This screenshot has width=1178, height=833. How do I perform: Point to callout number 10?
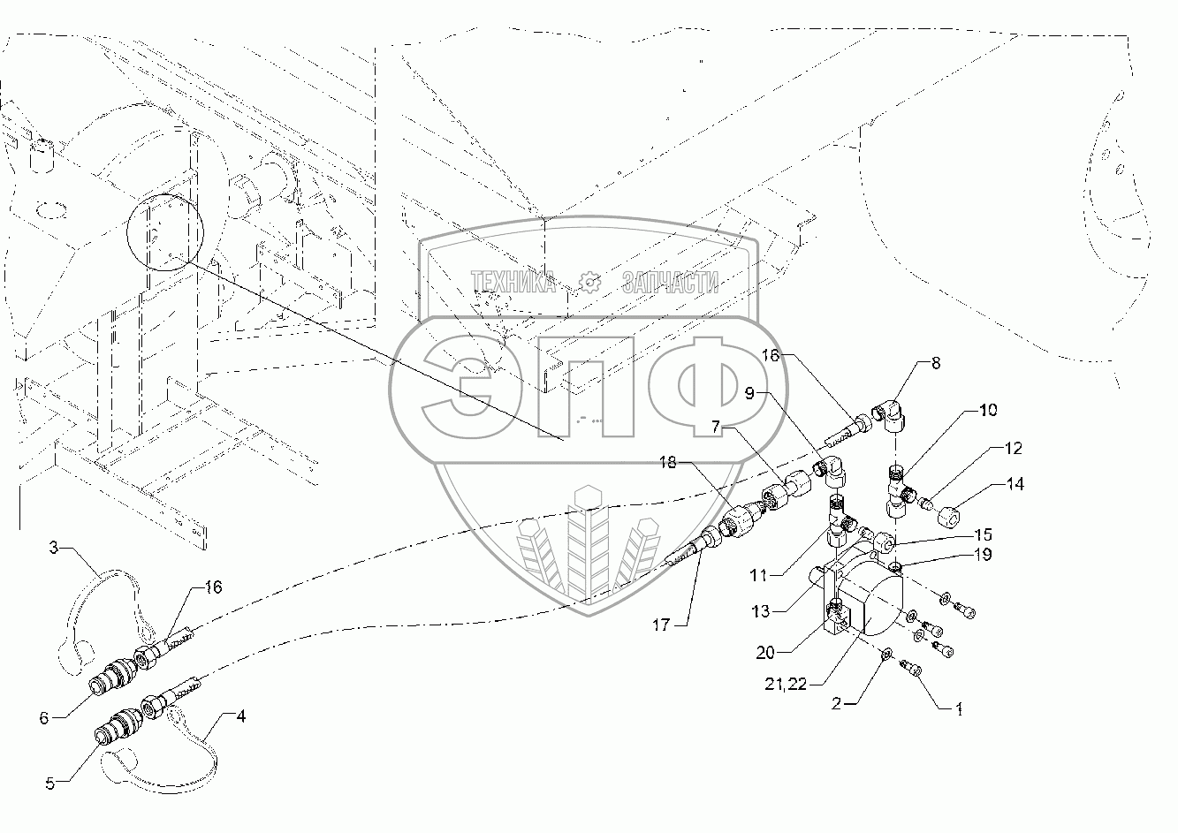pyautogui.click(x=987, y=411)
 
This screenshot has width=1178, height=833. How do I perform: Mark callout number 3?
pyautogui.click(x=53, y=548)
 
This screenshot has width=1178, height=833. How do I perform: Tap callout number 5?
pyautogui.click(x=49, y=782)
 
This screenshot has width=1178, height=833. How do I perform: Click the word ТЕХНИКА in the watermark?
pyautogui.click(x=513, y=283)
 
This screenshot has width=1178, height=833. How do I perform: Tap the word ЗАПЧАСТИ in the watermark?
pyautogui.click(x=671, y=283)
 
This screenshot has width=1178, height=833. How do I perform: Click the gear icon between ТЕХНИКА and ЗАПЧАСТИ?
pyautogui.click(x=589, y=283)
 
